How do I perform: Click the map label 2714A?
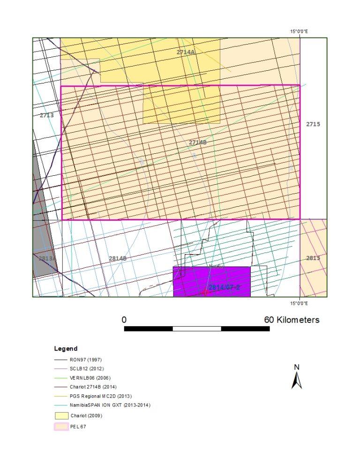point(186,53)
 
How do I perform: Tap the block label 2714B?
point(198,142)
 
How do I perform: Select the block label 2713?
point(46,115)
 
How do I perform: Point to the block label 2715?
point(313,124)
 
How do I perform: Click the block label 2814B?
point(117,258)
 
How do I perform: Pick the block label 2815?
point(313,258)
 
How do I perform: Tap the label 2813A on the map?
point(47,258)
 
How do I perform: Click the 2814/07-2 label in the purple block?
point(224,287)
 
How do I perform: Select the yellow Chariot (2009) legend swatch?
point(60,415)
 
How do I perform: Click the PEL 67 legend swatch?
point(60,427)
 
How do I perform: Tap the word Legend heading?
point(66,349)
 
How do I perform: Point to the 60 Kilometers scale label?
point(292,320)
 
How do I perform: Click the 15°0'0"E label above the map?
point(299,31)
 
